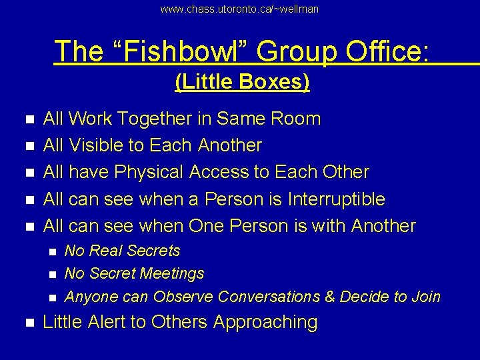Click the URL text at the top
(x=239, y=9)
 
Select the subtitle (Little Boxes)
(x=242, y=82)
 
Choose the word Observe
(x=183, y=296)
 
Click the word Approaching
(x=265, y=323)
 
